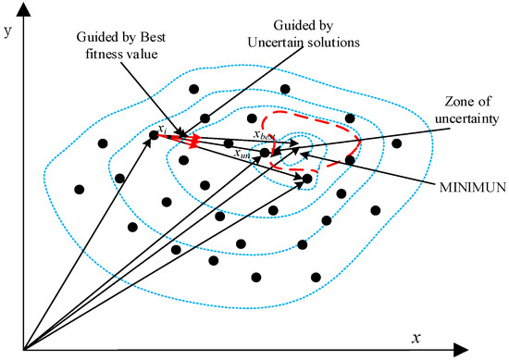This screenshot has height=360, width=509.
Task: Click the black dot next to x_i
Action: tap(155, 137)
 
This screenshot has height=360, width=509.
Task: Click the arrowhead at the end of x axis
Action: tap(500, 351)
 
